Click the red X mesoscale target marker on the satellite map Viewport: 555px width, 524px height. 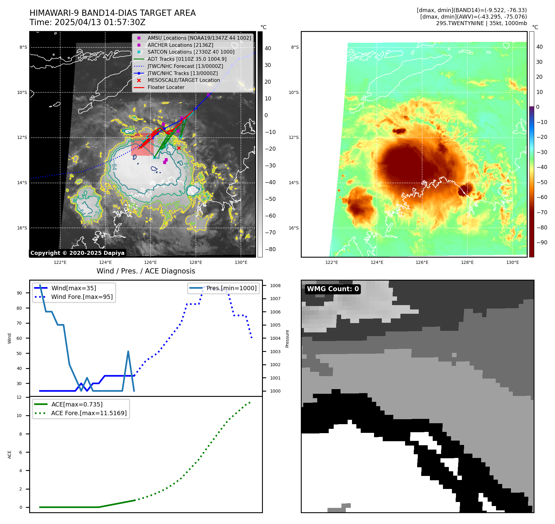point(179,148)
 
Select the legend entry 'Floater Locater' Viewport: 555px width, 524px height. point(166,87)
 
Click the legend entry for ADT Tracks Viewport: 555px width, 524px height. point(187,59)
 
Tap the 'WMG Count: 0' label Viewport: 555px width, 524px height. point(333,289)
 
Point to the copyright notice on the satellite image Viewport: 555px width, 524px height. point(77,253)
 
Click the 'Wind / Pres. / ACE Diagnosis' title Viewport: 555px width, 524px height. point(146,271)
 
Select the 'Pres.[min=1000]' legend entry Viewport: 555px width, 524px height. point(232,288)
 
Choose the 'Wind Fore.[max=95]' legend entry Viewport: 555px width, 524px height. point(82,297)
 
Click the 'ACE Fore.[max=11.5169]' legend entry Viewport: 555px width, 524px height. point(89,413)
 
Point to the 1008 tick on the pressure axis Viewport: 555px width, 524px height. point(275,286)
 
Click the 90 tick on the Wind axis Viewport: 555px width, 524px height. point(19,293)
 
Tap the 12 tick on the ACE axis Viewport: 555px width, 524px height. point(19,397)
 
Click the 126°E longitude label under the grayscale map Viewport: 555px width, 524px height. point(150,262)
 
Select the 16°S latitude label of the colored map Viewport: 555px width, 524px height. point(294,228)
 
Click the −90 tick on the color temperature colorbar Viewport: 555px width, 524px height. point(542,242)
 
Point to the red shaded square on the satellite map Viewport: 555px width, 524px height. point(142,144)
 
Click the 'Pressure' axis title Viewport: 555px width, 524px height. point(287,339)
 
